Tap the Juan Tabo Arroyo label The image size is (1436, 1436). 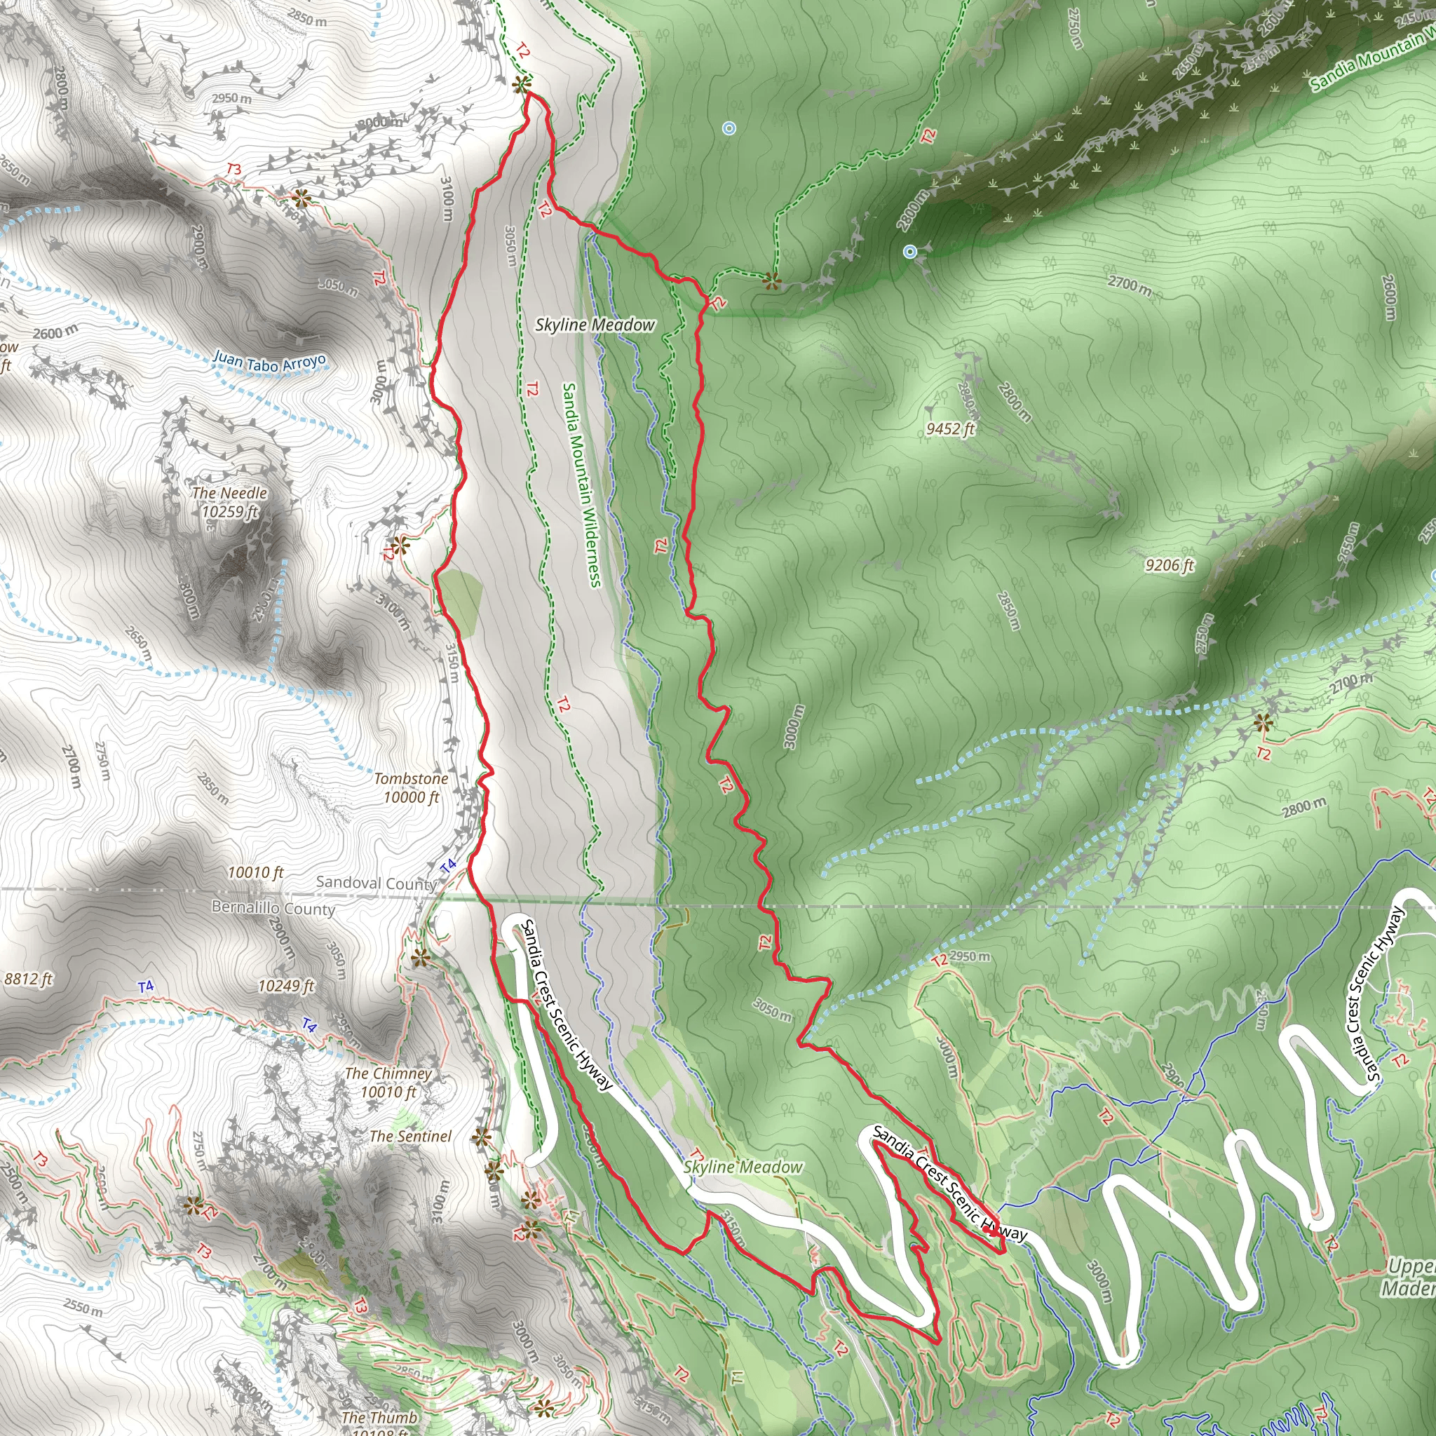click(x=269, y=362)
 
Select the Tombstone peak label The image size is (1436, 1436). click(x=411, y=778)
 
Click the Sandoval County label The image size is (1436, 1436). click(x=375, y=883)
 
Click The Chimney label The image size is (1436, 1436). click(x=388, y=1073)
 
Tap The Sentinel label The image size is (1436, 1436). click(x=410, y=1136)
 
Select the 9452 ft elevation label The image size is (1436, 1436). click(x=950, y=429)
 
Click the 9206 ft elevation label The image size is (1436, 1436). click(x=1169, y=566)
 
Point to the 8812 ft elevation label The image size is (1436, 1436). click(x=28, y=979)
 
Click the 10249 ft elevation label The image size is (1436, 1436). click(x=286, y=986)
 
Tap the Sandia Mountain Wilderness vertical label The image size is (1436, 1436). click(x=581, y=485)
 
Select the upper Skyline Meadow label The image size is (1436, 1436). click(x=595, y=325)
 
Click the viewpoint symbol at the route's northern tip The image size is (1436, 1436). click(x=521, y=85)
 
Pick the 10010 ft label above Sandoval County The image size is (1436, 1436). click(x=256, y=872)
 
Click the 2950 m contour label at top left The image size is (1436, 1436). click(x=231, y=98)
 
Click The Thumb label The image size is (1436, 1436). click(x=379, y=1416)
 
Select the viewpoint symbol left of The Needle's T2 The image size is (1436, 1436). click(x=400, y=546)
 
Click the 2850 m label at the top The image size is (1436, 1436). click(x=307, y=18)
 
